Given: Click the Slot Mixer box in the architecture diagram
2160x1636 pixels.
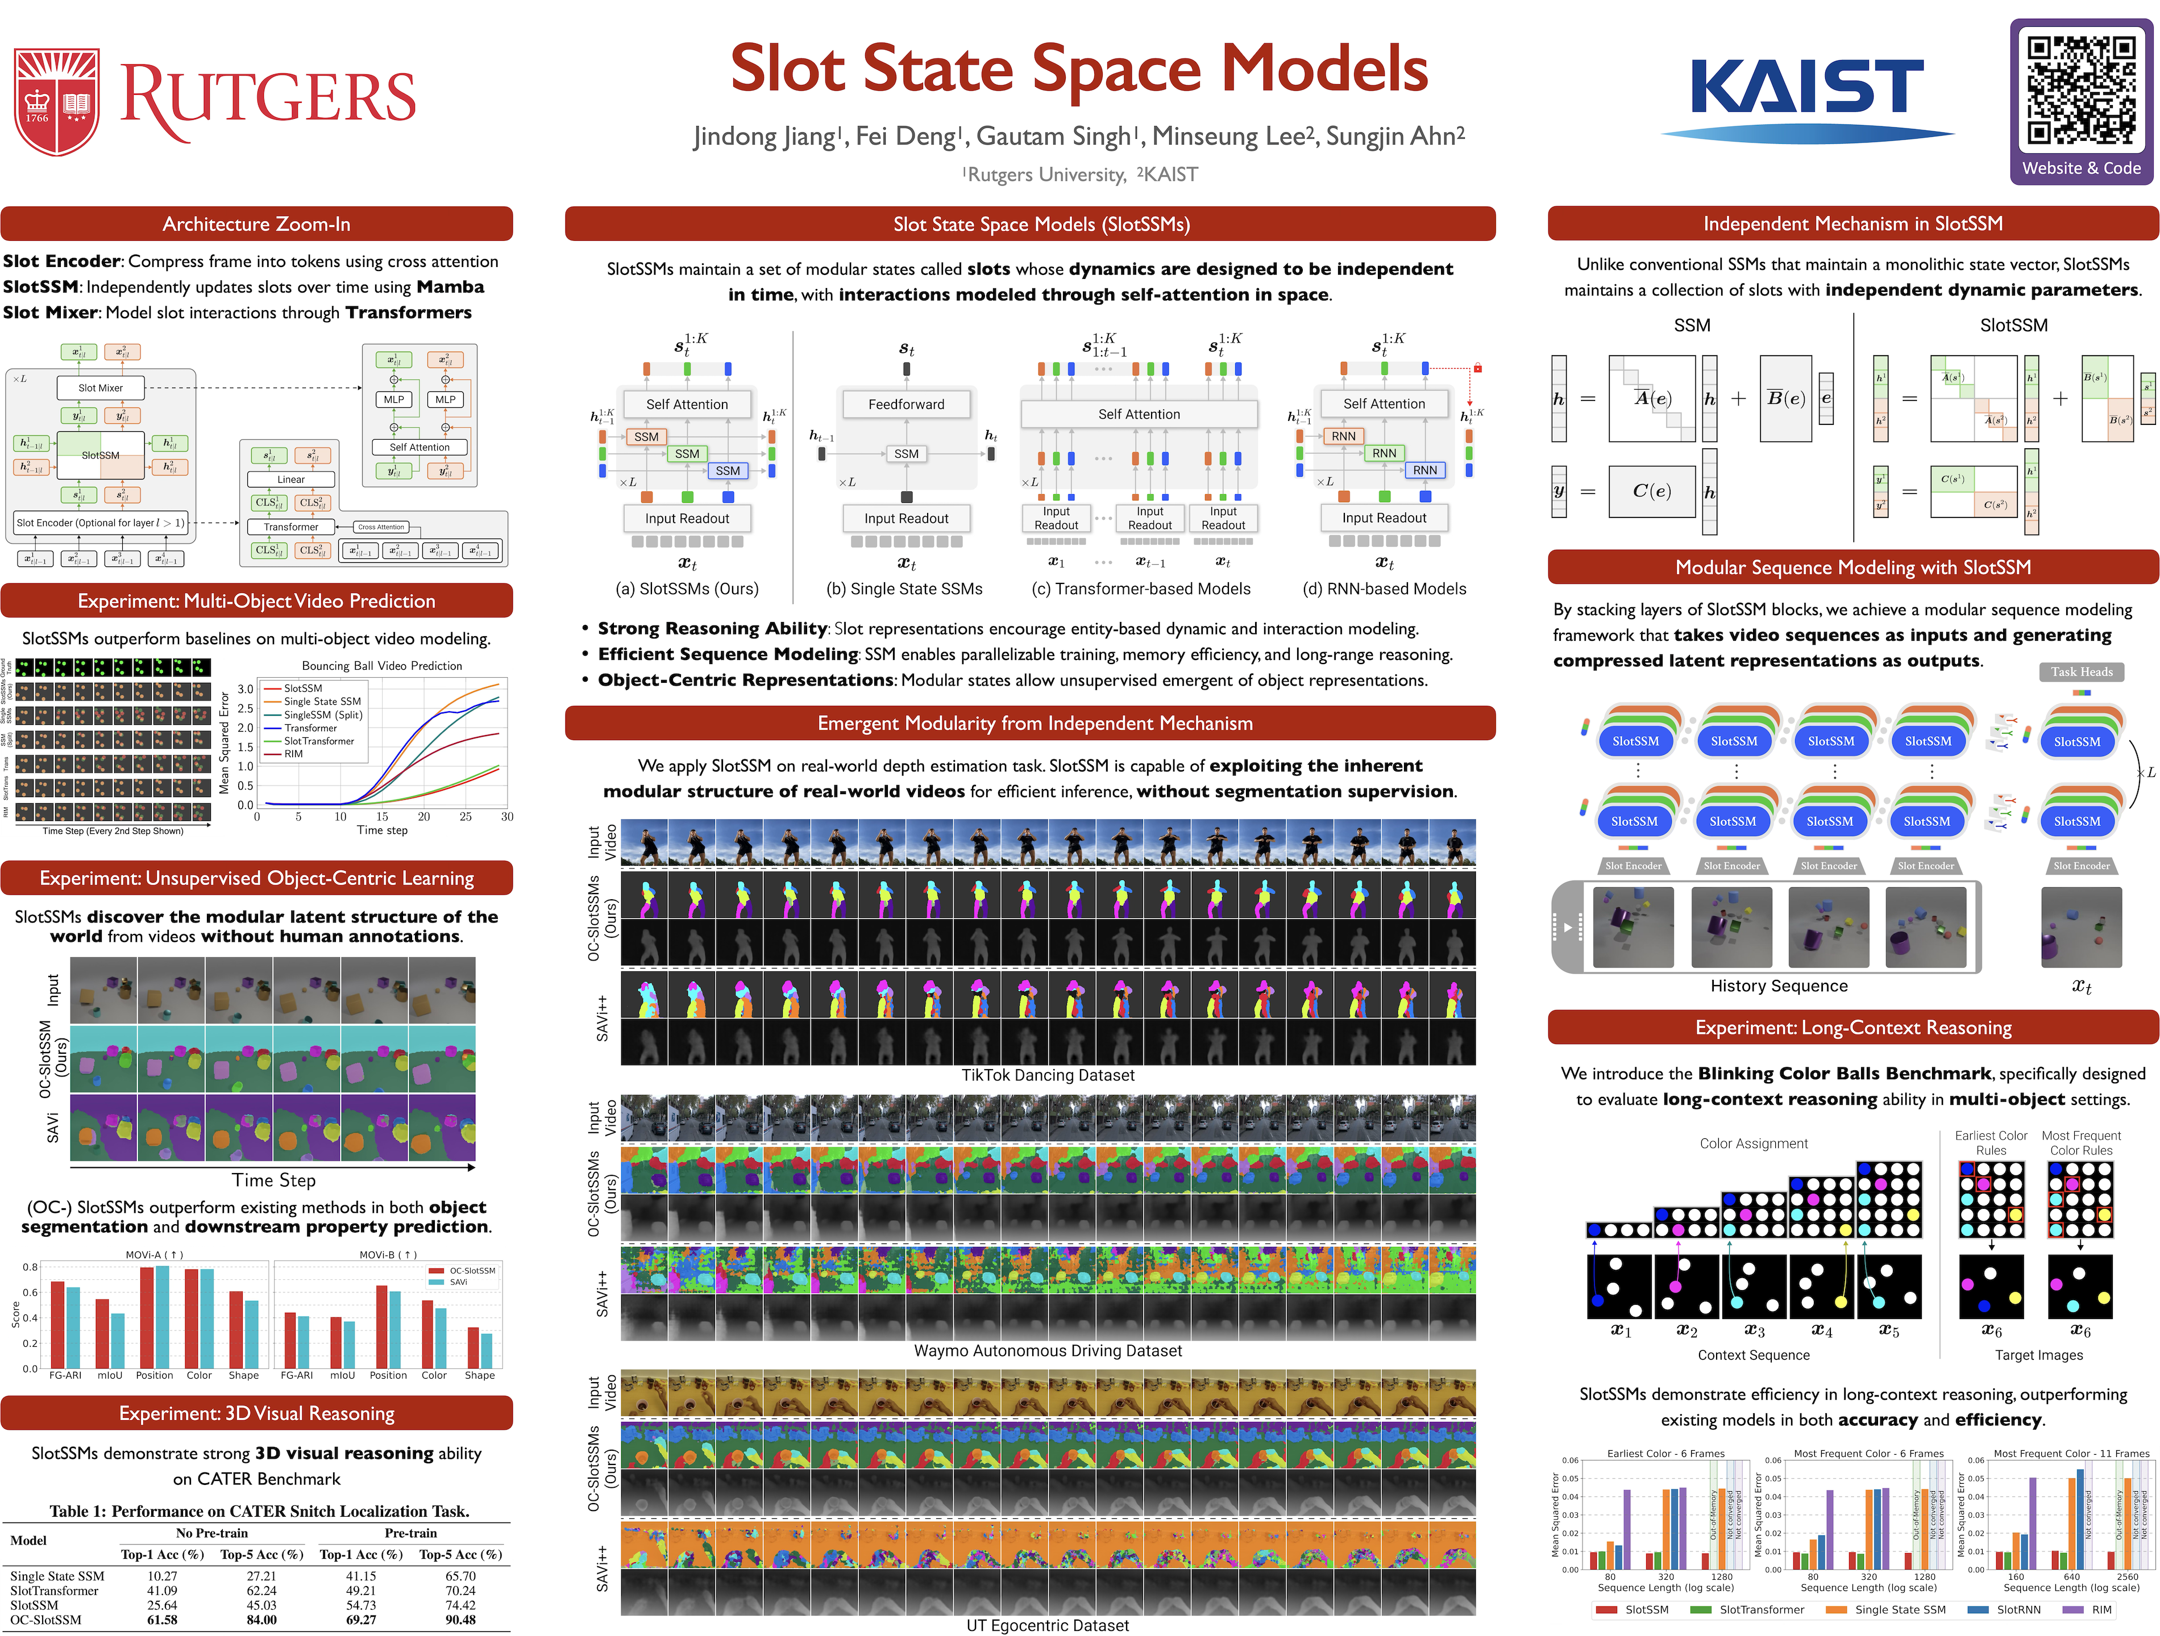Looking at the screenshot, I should (101, 387).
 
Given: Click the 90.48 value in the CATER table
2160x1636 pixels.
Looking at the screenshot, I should (460, 1620).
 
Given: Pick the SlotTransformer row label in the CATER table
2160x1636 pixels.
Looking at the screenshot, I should (53, 1590).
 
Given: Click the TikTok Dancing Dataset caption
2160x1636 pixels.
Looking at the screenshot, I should (1048, 1075).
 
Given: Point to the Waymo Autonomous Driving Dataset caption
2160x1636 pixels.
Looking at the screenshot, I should (1048, 1351).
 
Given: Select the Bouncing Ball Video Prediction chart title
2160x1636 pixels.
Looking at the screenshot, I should (382, 666).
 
